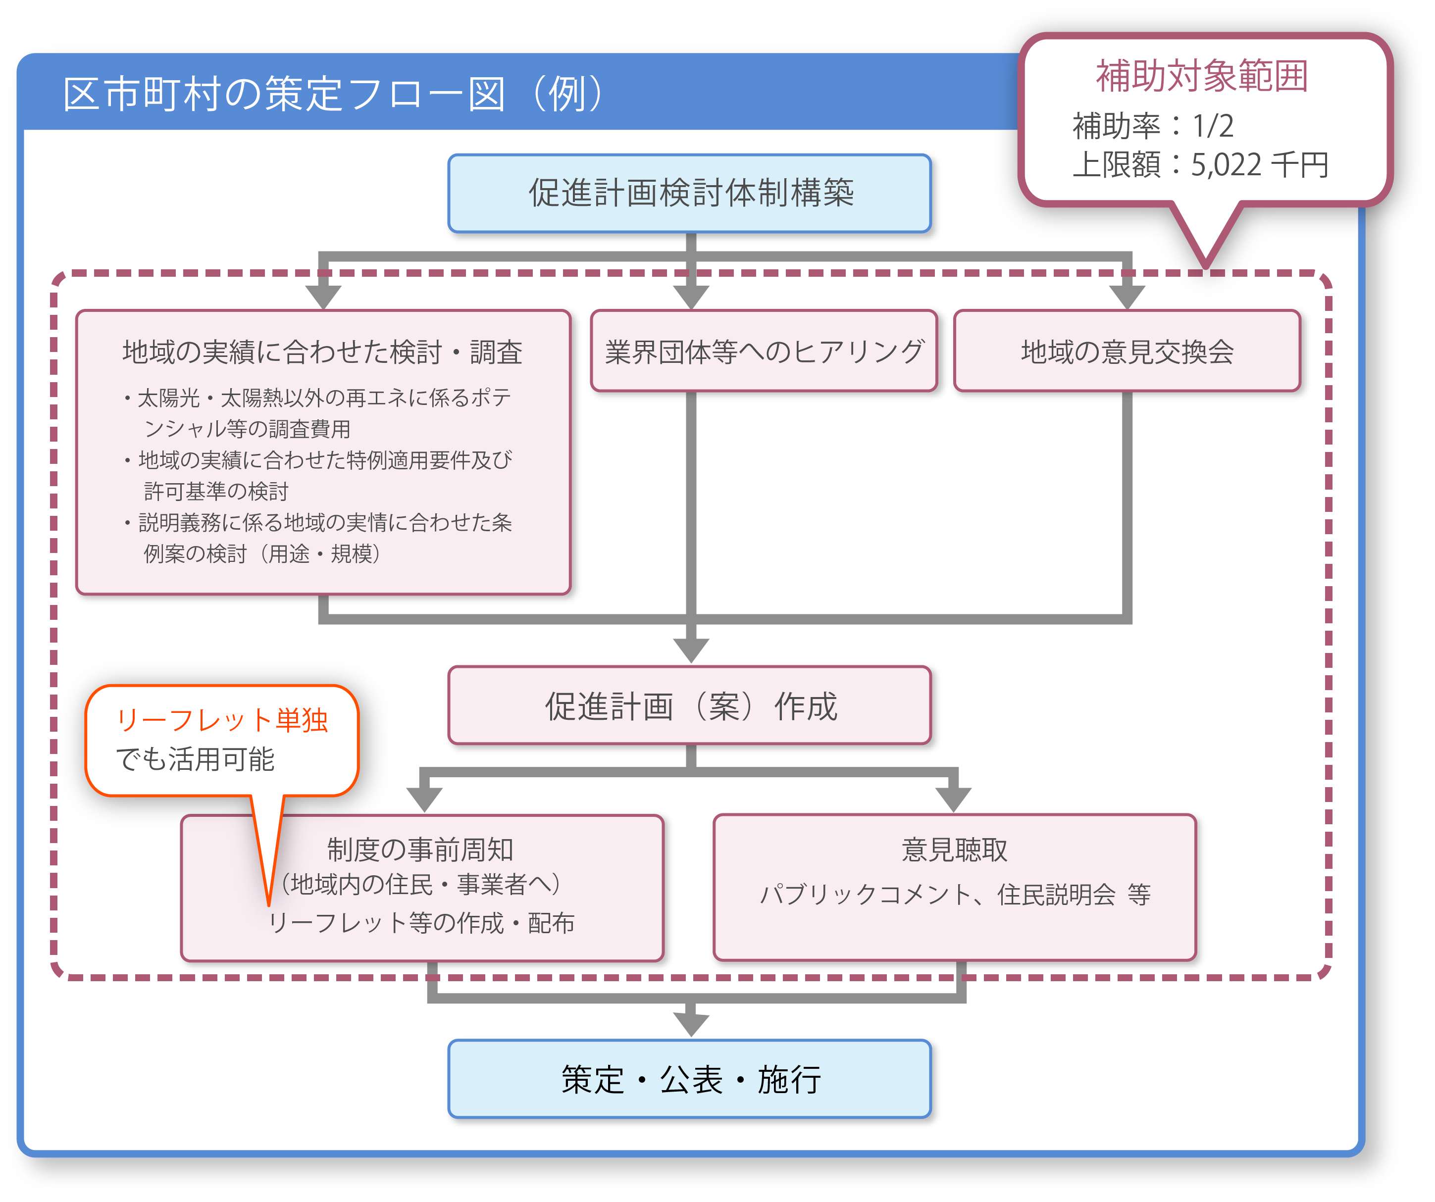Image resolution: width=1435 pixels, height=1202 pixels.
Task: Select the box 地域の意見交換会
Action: tap(1127, 351)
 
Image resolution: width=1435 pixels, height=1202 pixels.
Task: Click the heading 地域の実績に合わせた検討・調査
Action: tap(322, 352)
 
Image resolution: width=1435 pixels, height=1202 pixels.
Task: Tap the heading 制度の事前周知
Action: tap(420, 850)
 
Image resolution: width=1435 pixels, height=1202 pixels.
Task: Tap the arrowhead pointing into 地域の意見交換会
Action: tap(1127, 296)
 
